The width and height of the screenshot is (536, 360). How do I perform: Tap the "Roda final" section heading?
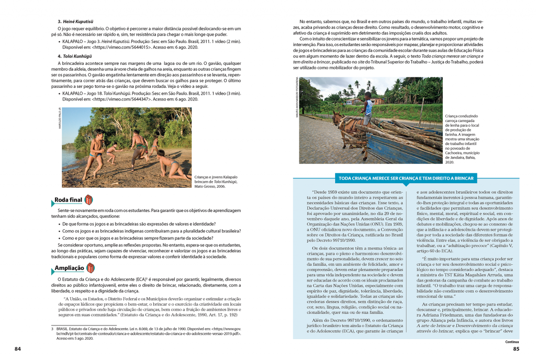pos(69,200)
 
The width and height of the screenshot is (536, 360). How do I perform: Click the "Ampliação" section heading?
pos(69,268)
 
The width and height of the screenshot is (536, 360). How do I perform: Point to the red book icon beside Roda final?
pos(88,200)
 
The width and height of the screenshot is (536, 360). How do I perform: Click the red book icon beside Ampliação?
pos(90,268)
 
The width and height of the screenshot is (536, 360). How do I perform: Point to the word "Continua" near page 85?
pos(512,341)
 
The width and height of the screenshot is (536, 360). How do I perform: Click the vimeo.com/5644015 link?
pos(119,46)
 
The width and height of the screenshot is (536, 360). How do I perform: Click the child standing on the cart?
pos(368,108)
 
